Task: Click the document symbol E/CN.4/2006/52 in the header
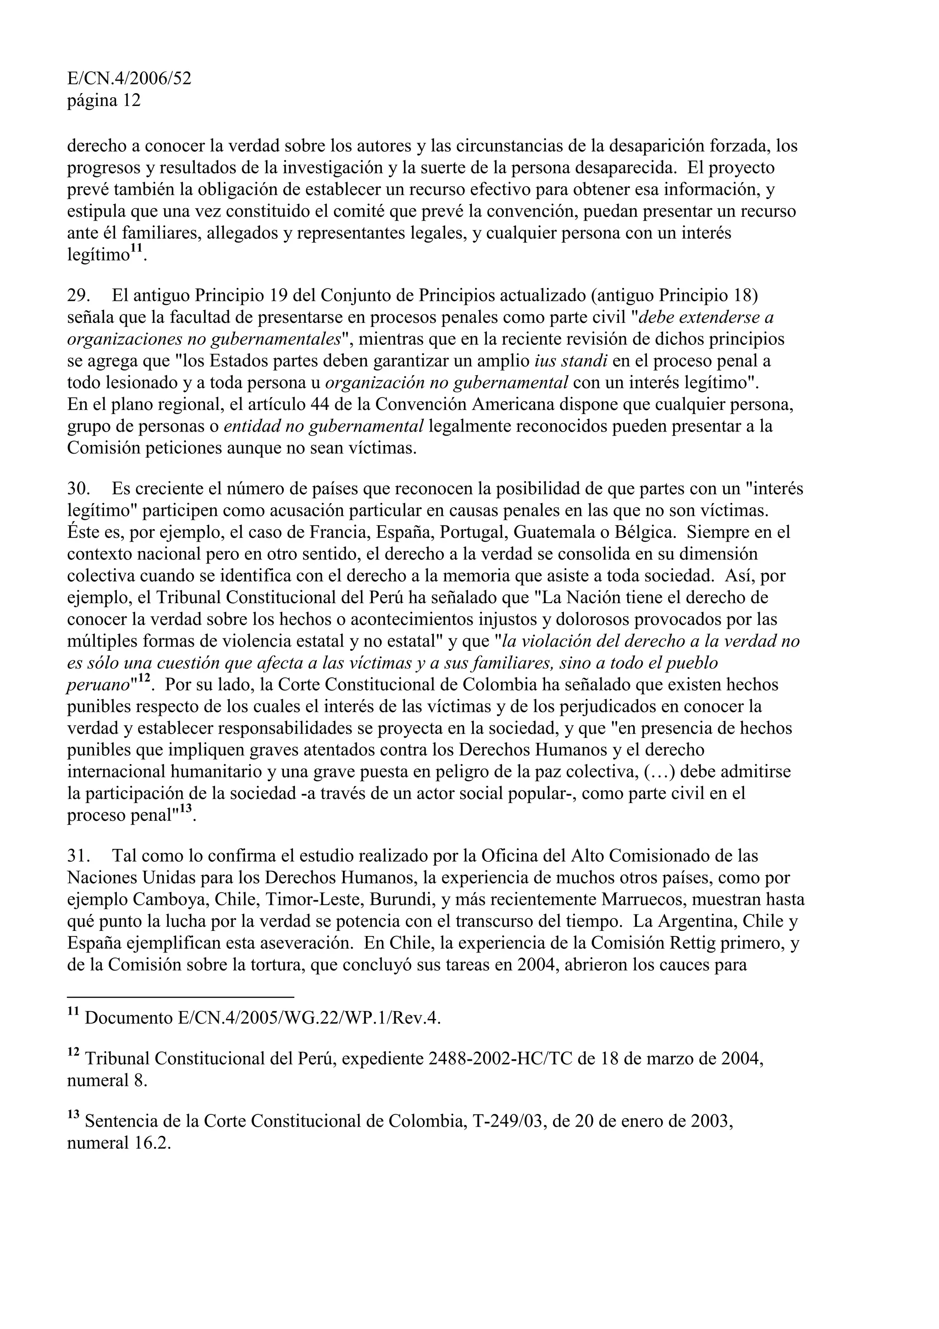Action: point(129,79)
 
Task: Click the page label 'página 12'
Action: point(104,101)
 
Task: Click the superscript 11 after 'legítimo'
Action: point(136,249)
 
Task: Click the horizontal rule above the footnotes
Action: point(181,997)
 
